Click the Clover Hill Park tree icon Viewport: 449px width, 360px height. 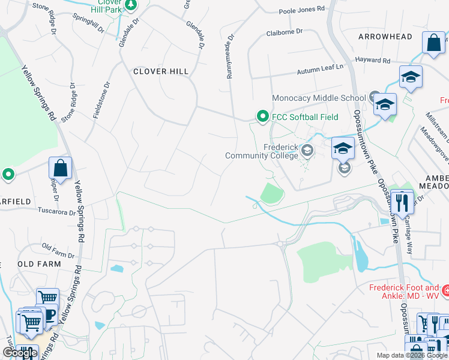(131, 5)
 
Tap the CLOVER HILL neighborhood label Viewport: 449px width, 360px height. (160, 71)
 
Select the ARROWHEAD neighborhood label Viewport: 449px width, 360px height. (385, 37)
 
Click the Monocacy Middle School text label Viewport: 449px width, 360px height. (319, 98)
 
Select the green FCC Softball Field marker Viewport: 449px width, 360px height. (262, 116)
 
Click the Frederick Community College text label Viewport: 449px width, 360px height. (262, 151)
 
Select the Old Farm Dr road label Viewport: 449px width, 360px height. (58, 247)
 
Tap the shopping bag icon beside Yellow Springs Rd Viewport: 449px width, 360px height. (60, 169)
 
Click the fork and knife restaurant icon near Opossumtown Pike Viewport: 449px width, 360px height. (402, 200)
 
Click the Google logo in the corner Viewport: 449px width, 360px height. (20, 353)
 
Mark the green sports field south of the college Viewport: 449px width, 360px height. (272, 194)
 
